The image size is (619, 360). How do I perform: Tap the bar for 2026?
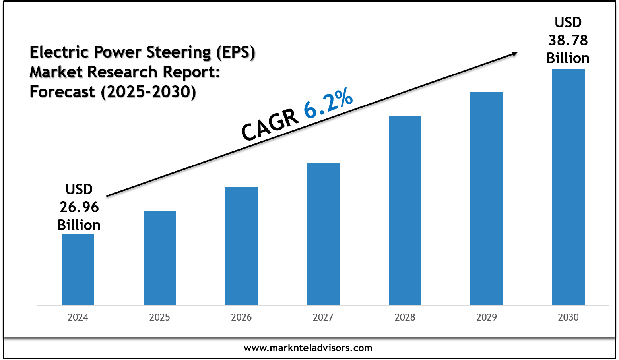241,246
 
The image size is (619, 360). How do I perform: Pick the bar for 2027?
323,234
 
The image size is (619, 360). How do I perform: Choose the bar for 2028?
405,210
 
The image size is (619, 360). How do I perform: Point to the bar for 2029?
487,198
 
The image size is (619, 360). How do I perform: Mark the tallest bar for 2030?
568,187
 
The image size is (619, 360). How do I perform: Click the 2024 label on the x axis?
78,317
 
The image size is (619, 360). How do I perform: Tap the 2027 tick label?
323,317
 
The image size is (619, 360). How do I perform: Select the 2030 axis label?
568,317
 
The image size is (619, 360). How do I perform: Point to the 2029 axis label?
487,317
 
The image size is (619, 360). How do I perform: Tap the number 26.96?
79,207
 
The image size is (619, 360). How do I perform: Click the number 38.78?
568,40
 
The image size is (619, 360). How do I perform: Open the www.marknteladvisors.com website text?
308,348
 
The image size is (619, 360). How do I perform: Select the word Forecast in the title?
62,92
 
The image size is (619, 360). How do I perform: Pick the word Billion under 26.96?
79,225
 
